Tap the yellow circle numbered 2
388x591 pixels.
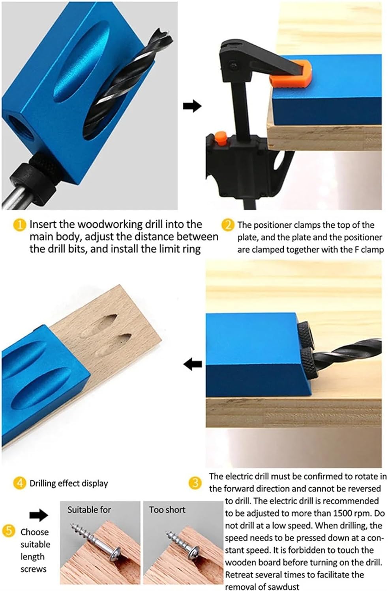(x=228, y=225)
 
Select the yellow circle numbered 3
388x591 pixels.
(x=195, y=483)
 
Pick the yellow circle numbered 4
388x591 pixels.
(x=19, y=483)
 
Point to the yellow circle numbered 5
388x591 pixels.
(x=9, y=531)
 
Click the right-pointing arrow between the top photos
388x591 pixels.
(x=192, y=106)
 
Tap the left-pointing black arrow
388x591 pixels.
(x=193, y=364)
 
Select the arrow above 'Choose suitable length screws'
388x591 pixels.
(x=39, y=515)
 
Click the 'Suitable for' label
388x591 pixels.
(x=89, y=510)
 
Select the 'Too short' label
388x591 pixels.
(x=167, y=510)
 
